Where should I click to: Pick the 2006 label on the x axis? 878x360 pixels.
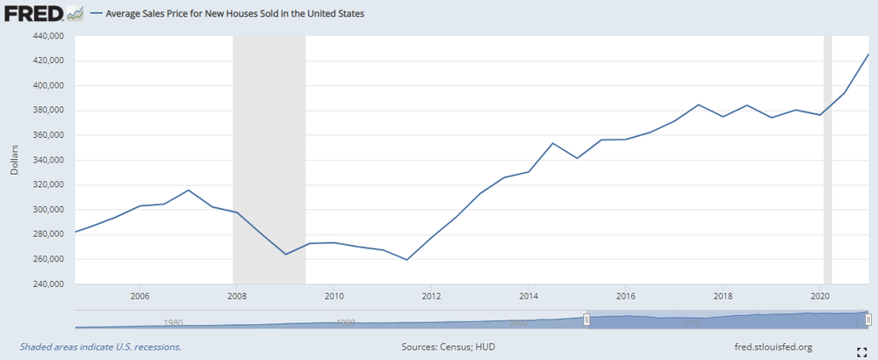point(139,296)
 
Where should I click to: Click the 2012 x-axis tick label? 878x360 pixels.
point(430,296)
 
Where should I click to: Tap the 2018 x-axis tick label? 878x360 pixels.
point(723,296)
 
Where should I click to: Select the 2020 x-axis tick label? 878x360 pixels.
point(819,296)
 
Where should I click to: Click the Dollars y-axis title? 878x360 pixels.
point(14,160)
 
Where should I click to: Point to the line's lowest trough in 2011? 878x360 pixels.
point(407,260)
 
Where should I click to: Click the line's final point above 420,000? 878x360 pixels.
point(868,54)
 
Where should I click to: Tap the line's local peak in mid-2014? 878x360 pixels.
point(552,143)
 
